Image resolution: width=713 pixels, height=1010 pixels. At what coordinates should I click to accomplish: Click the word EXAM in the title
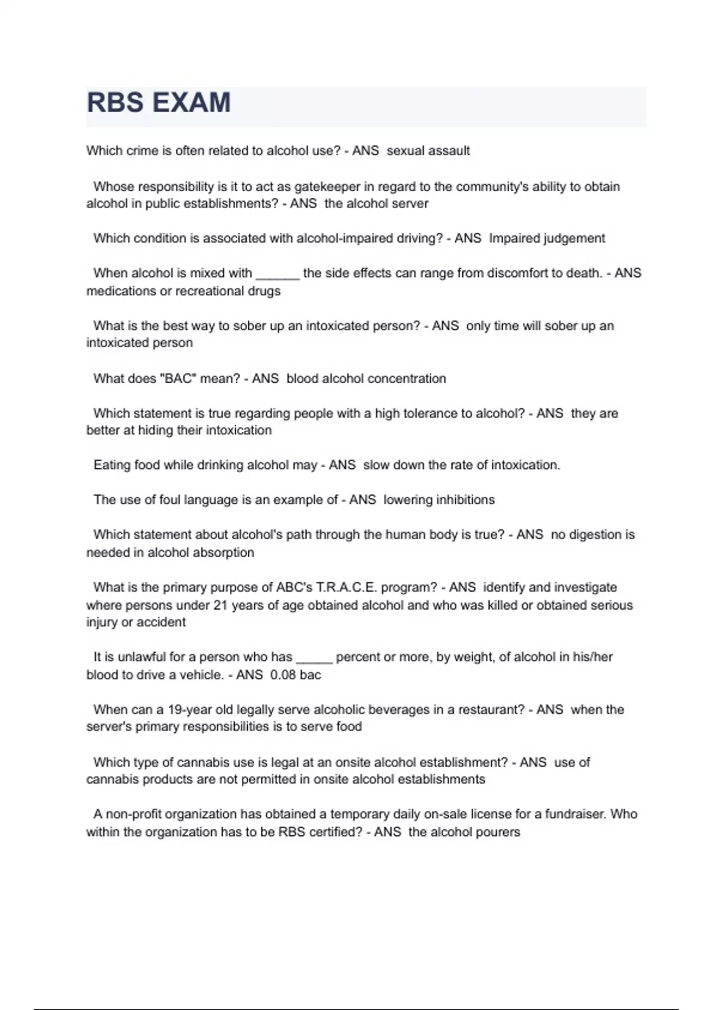click(191, 102)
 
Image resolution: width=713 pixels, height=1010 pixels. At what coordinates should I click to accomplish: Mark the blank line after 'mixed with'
click(277, 274)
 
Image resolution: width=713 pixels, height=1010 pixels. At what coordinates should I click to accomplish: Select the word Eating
click(112, 465)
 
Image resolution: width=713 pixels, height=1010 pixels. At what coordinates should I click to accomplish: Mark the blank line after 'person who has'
click(314, 658)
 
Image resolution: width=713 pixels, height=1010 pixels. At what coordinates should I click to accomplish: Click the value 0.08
click(283, 675)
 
